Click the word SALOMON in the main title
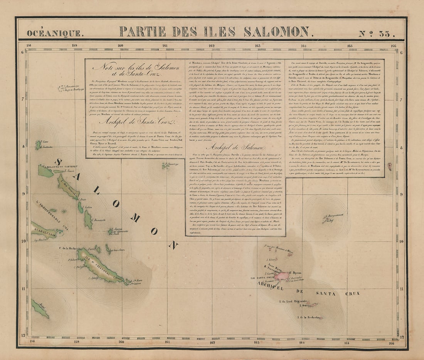pos(276,32)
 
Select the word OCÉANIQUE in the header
pos(54,33)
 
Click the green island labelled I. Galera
pos(80,208)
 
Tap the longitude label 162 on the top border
pos(211,46)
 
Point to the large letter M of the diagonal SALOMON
pos(135,218)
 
